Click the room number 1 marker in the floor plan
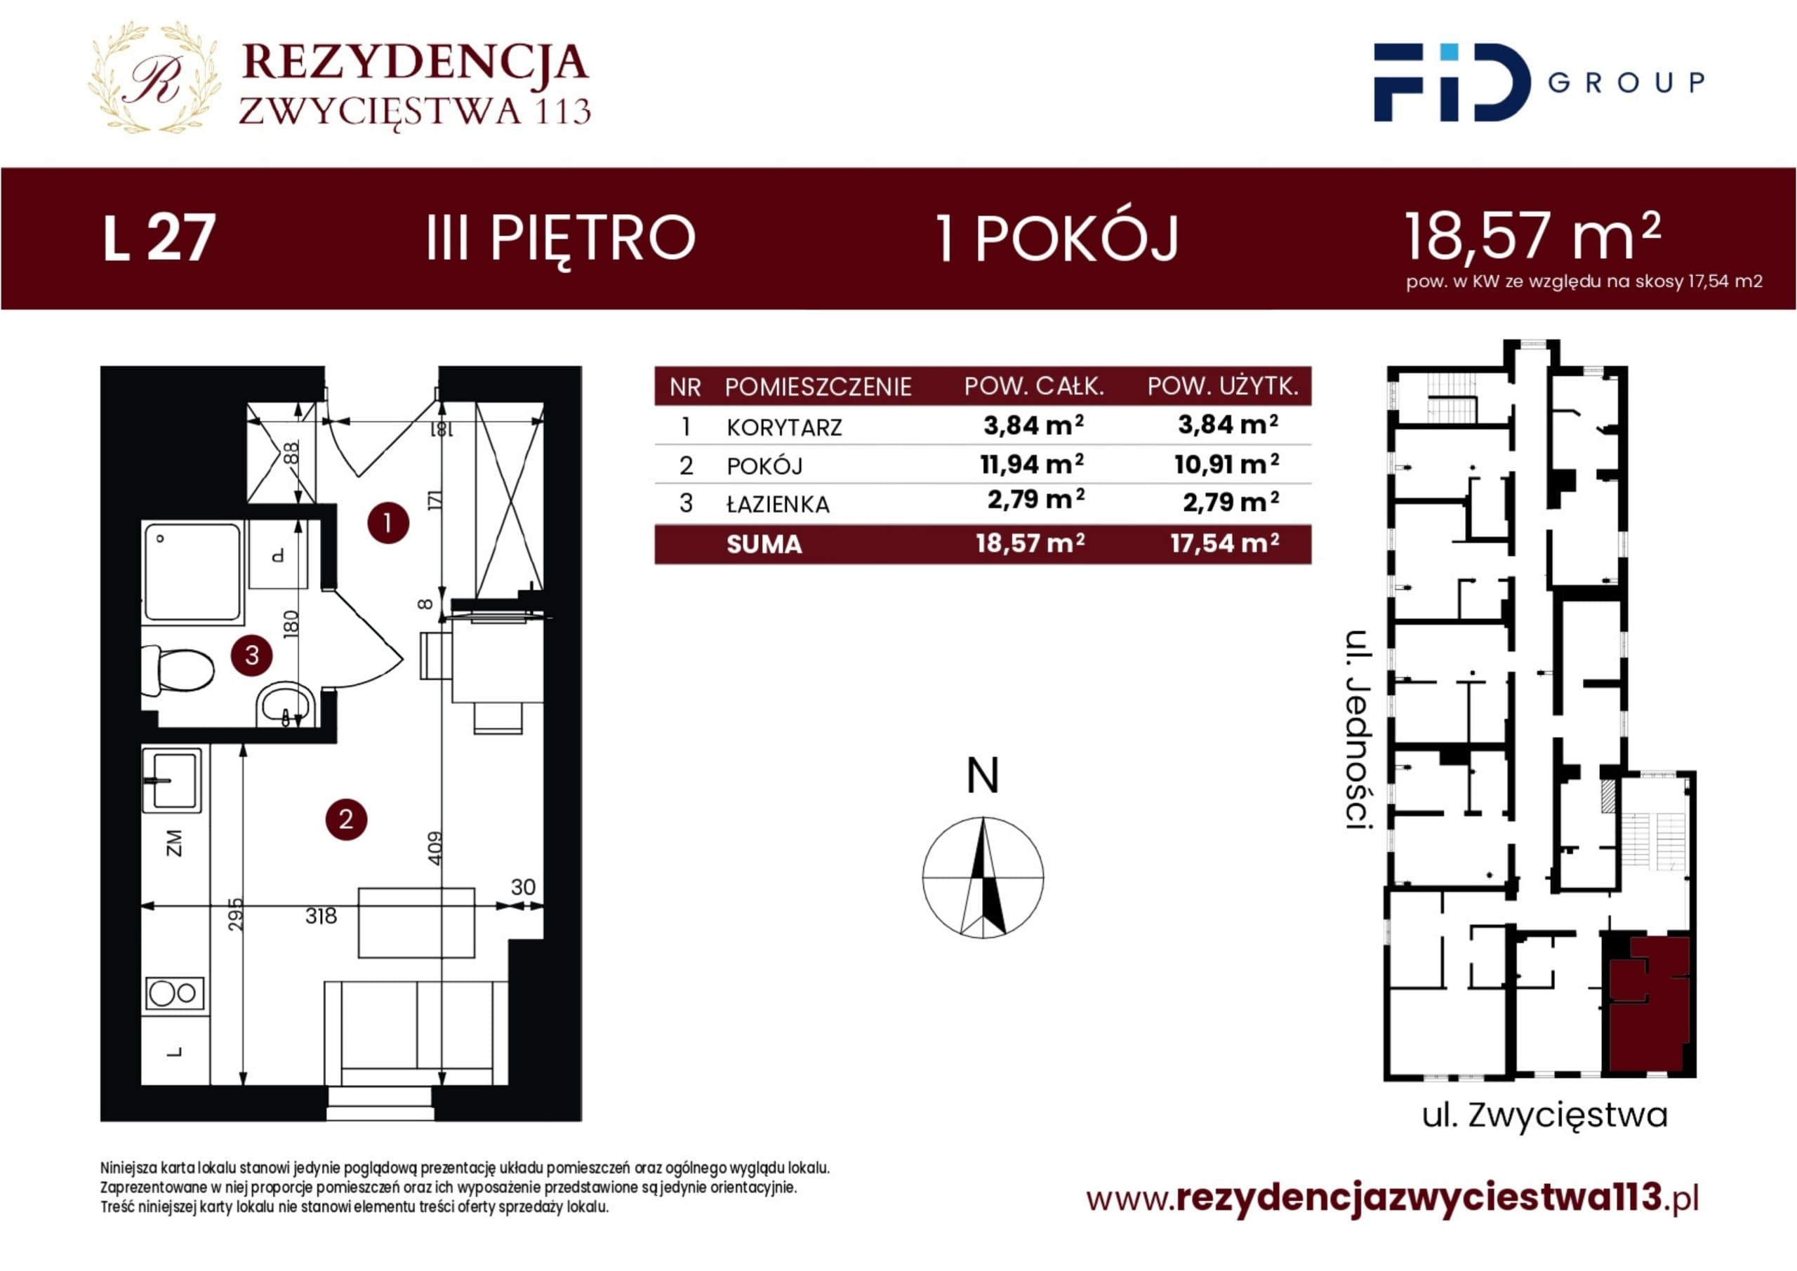tap(388, 523)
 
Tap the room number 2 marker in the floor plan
tap(346, 820)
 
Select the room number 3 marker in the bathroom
tap(252, 654)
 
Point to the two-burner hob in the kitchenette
tap(175, 993)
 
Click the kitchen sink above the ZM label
tap(172, 780)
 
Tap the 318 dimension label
tap(321, 916)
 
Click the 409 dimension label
tap(435, 848)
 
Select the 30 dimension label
tap(523, 886)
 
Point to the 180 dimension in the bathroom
tap(291, 623)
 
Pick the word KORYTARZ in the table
tap(784, 427)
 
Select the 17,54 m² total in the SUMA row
tap(1225, 543)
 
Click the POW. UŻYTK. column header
tap(1224, 386)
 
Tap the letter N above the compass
tap(983, 776)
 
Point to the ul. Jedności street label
tap(1360, 729)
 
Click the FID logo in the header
tap(1452, 82)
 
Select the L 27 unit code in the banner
tap(159, 238)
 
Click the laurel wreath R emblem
tap(154, 77)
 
